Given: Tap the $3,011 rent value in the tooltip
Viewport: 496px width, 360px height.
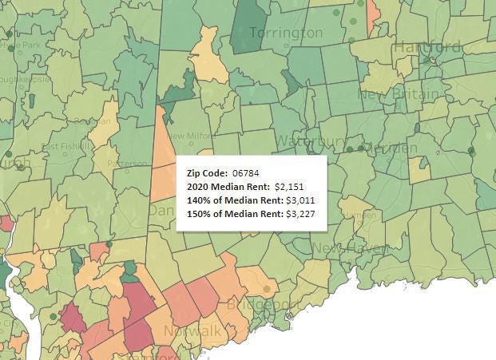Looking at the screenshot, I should point(304,200).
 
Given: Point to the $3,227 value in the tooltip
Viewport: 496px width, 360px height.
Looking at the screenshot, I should point(304,213).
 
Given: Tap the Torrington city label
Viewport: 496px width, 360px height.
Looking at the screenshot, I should point(285,33).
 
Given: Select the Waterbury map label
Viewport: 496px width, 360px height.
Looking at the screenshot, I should point(310,140).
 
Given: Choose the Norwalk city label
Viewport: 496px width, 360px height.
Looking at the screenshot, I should point(192,330).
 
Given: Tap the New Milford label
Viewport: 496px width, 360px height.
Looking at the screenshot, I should point(190,136).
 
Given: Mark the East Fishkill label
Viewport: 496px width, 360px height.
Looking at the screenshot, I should point(65,147).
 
